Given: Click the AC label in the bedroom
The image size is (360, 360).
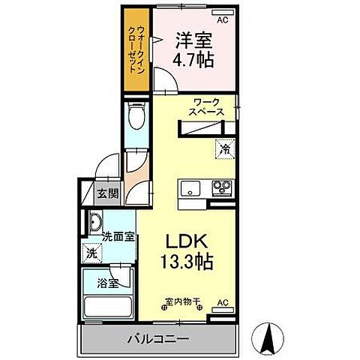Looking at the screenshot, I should pos(222,12).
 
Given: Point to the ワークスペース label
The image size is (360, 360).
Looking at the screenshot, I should pos(207,106).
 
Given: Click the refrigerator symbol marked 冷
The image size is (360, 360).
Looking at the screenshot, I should pos(223,149).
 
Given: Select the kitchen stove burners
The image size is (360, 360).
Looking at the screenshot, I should pos(221,187).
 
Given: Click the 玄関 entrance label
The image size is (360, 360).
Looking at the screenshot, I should pos(107,193).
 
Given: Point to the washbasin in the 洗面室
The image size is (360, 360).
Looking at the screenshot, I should pos(95,222).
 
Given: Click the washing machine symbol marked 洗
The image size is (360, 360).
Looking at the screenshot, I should pos(91,253).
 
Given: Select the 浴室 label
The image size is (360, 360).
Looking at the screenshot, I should pos(107,284).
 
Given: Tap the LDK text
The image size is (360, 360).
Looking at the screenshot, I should pos(185,242).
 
